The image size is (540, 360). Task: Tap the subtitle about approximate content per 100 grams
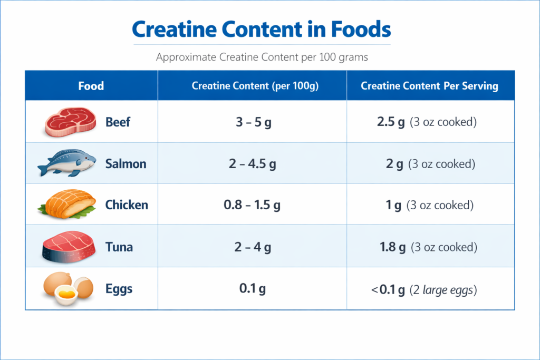(x=262, y=57)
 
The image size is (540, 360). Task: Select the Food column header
(x=91, y=86)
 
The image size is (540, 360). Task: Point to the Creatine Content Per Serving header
(x=429, y=86)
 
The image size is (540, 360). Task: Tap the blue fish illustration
(x=67, y=163)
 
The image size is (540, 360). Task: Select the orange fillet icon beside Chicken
(x=67, y=205)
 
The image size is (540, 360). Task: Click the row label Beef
(x=118, y=122)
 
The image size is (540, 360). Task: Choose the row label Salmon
(x=126, y=164)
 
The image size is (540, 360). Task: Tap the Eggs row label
(x=119, y=289)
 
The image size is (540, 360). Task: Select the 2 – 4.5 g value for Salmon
(x=252, y=164)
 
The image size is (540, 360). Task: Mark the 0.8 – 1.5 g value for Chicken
(x=252, y=206)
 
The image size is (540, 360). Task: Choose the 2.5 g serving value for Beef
(x=391, y=122)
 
